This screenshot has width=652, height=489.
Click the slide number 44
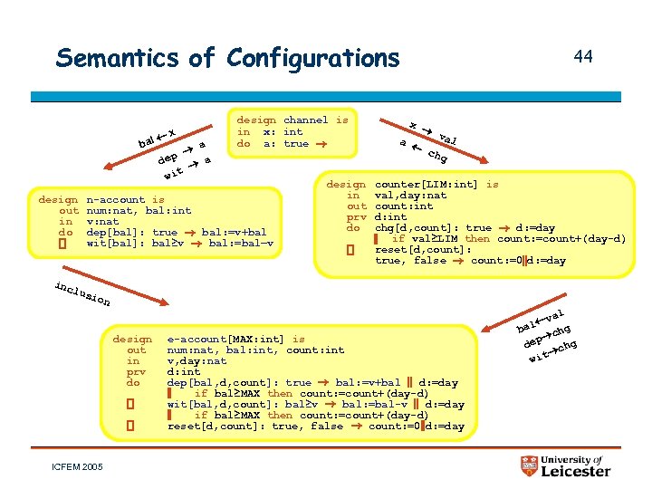click(583, 57)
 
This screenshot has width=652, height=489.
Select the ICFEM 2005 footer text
click(79, 467)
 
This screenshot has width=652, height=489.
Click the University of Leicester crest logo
click(530, 465)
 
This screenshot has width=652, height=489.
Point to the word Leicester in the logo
click(576, 472)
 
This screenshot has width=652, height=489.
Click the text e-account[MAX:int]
click(224, 340)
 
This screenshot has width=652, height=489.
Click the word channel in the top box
click(306, 120)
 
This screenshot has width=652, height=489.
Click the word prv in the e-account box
click(136, 371)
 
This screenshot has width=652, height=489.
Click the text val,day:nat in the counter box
click(411, 196)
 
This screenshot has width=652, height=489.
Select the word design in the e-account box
click(132, 340)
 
